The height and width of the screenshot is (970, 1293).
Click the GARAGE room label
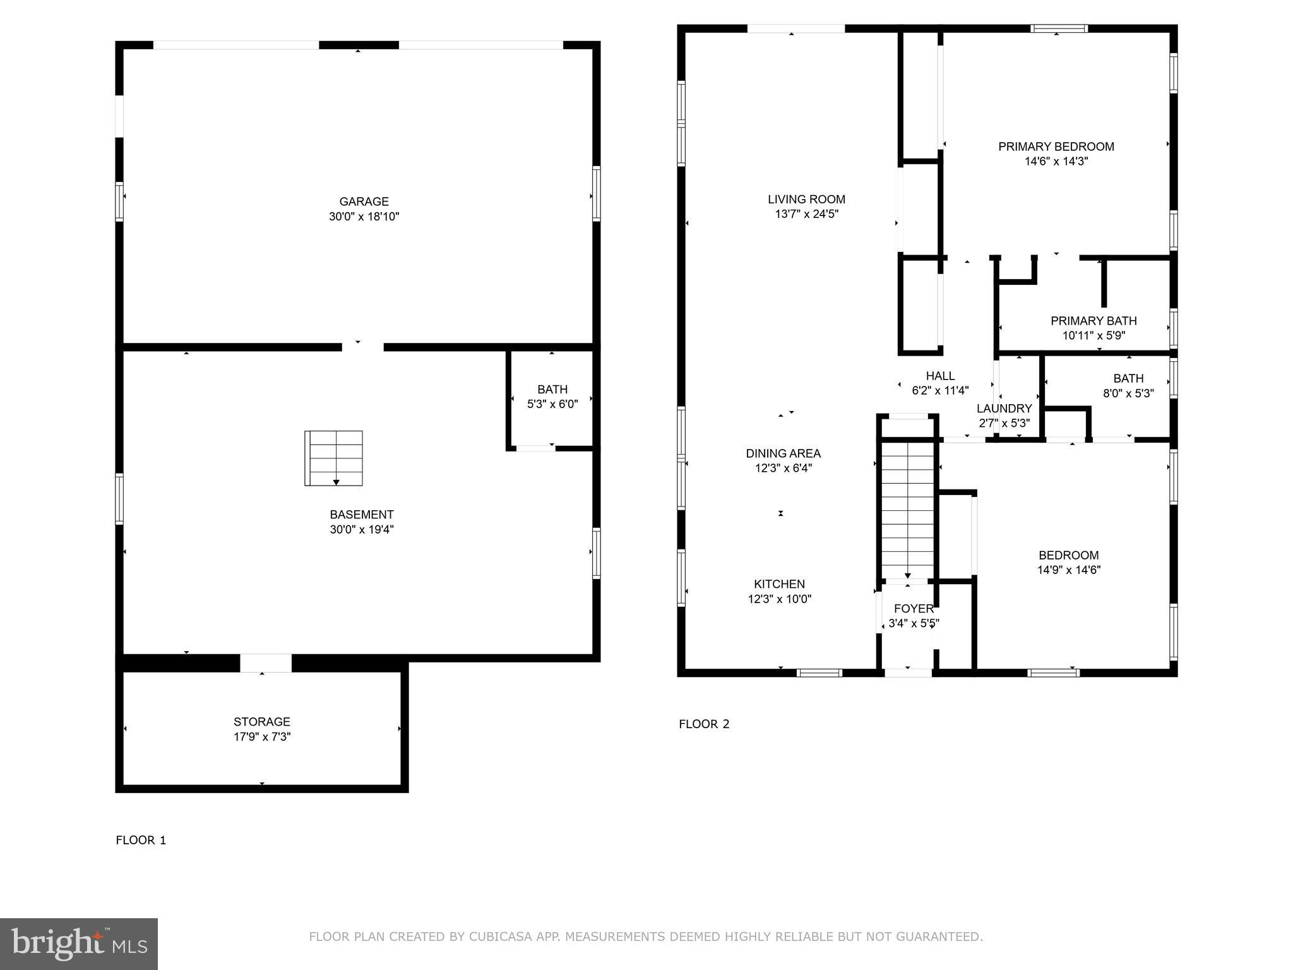click(x=364, y=201)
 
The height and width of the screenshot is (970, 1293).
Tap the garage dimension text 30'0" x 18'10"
click(x=364, y=217)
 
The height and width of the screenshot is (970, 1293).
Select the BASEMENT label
click(x=361, y=515)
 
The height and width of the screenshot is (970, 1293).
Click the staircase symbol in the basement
click(x=333, y=458)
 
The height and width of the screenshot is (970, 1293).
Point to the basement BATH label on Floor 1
click(x=552, y=390)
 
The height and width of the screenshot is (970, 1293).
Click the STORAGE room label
click(x=261, y=722)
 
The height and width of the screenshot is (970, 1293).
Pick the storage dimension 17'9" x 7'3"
click(x=261, y=737)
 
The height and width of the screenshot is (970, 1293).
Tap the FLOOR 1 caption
click(x=141, y=840)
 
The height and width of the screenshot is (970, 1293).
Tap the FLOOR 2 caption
click(x=704, y=724)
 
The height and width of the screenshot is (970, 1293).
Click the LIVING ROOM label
click(x=806, y=200)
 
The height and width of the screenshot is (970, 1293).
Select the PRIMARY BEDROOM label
click(x=1056, y=147)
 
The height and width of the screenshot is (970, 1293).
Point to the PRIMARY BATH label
click(x=1093, y=321)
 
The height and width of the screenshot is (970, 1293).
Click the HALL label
click(x=940, y=376)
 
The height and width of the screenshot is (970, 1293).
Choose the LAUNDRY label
click(x=1004, y=409)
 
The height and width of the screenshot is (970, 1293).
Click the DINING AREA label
click(x=783, y=453)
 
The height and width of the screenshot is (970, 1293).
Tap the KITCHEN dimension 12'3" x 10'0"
click(x=779, y=599)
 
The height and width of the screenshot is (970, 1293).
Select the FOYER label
click(x=914, y=609)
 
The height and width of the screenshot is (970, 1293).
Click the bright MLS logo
click(x=79, y=944)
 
